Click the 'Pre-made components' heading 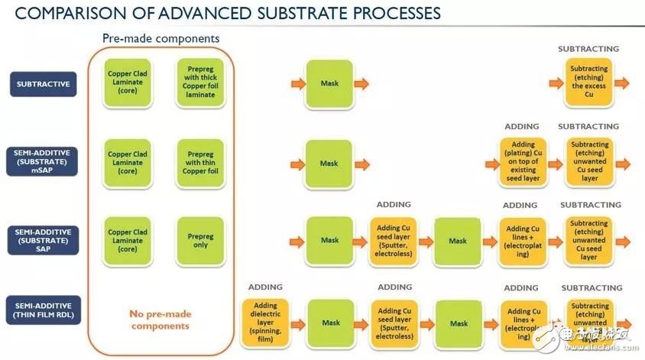[160, 38]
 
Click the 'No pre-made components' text [160, 320]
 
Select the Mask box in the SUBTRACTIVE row [329, 83]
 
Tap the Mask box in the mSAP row [329, 163]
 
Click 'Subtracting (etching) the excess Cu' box [589, 82]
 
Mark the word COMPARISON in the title [53, 13]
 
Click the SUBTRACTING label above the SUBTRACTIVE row [588, 49]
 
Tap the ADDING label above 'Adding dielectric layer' [265, 287]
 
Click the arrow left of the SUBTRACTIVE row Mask [294, 83]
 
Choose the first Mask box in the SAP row [329, 240]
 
